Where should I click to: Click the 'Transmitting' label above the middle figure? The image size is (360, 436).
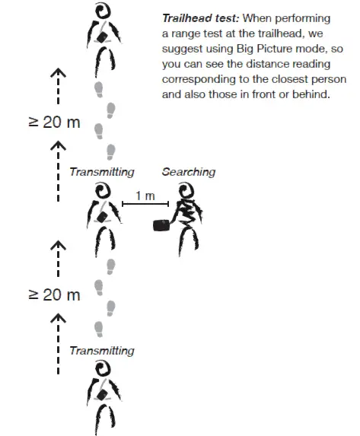[x=101, y=172]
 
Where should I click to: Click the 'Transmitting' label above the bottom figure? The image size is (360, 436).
[x=101, y=351]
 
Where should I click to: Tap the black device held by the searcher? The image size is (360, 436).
[x=161, y=225]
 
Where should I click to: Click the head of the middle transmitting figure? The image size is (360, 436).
[x=102, y=192]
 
